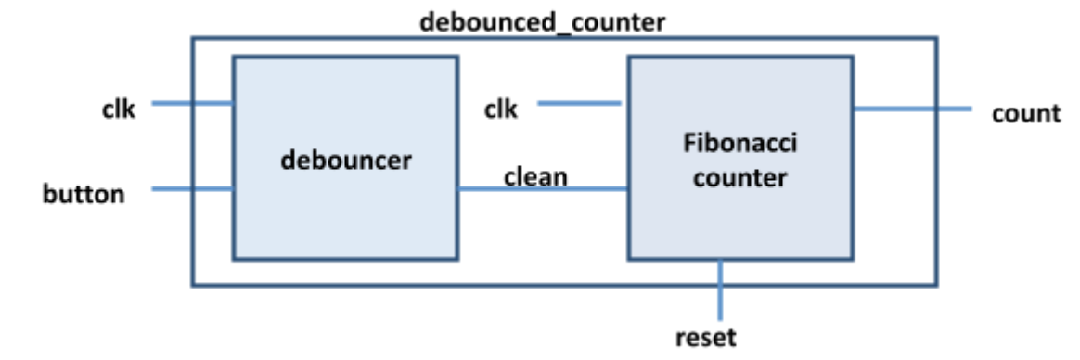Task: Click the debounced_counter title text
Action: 542,22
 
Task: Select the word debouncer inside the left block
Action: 346,160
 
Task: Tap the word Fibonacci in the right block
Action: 739,145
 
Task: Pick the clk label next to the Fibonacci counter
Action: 500,109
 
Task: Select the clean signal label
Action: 535,175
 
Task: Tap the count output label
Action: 1025,113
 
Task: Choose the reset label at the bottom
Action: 706,337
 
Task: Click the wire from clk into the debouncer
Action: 191,103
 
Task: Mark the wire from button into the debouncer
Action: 191,189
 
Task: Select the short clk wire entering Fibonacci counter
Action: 581,103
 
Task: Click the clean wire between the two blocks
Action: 543,190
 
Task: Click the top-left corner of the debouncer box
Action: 234,58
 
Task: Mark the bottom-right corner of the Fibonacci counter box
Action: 852,258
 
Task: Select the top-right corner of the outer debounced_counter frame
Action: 936,38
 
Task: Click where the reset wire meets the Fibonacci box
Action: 721,259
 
